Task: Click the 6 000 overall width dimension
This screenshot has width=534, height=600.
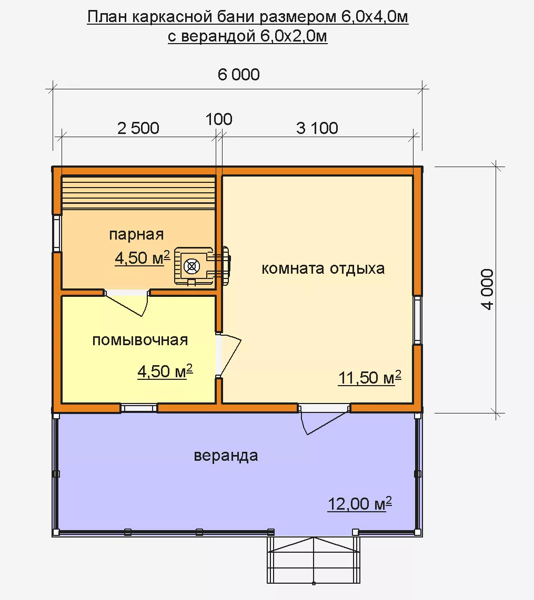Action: point(239,75)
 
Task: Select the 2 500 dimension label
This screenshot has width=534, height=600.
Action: point(138,128)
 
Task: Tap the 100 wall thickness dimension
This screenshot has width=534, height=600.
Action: point(219,119)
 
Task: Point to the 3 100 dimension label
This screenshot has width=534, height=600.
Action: point(317,128)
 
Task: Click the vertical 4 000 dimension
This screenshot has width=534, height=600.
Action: point(488,289)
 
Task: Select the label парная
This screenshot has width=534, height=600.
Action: point(136,234)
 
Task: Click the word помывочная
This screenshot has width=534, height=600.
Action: point(140,340)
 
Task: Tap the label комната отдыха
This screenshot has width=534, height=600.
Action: point(323,268)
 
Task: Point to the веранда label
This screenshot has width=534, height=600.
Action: point(226,456)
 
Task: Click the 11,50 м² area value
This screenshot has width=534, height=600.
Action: point(370,378)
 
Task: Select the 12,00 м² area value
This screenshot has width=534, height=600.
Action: point(360,503)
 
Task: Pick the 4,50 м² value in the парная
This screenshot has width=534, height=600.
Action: point(143,257)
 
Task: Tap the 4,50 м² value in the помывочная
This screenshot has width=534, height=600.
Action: point(165,371)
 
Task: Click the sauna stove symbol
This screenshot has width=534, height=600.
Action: point(202,266)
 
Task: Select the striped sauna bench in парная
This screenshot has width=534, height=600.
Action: point(138,192)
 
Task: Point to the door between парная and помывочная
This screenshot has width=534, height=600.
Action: point(127,302)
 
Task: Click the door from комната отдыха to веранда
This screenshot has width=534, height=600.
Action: point(324,419)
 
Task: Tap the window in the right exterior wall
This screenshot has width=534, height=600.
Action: point(418,320)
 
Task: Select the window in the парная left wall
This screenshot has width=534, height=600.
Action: point(57,233)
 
